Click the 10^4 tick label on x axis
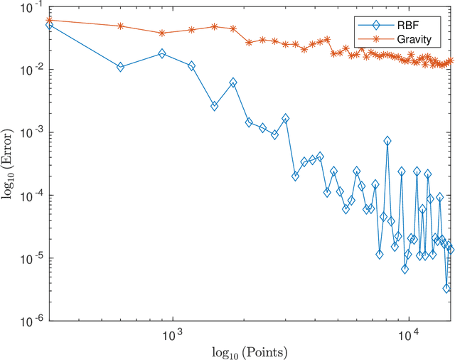pyautogui.click(x=407, y=334)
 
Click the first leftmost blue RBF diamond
pyautogui.click(x=49, y=24)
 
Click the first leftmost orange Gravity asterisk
pyautogui.click(x=49, y=20)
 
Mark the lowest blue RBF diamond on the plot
pyautogui.click(x=446, y=288)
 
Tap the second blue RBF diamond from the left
pyautogui.click(x=120, y=67)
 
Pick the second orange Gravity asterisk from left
pyautogui.click(x=120, y=26)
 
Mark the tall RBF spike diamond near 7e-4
pyautogui.click(x=387, y=141)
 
